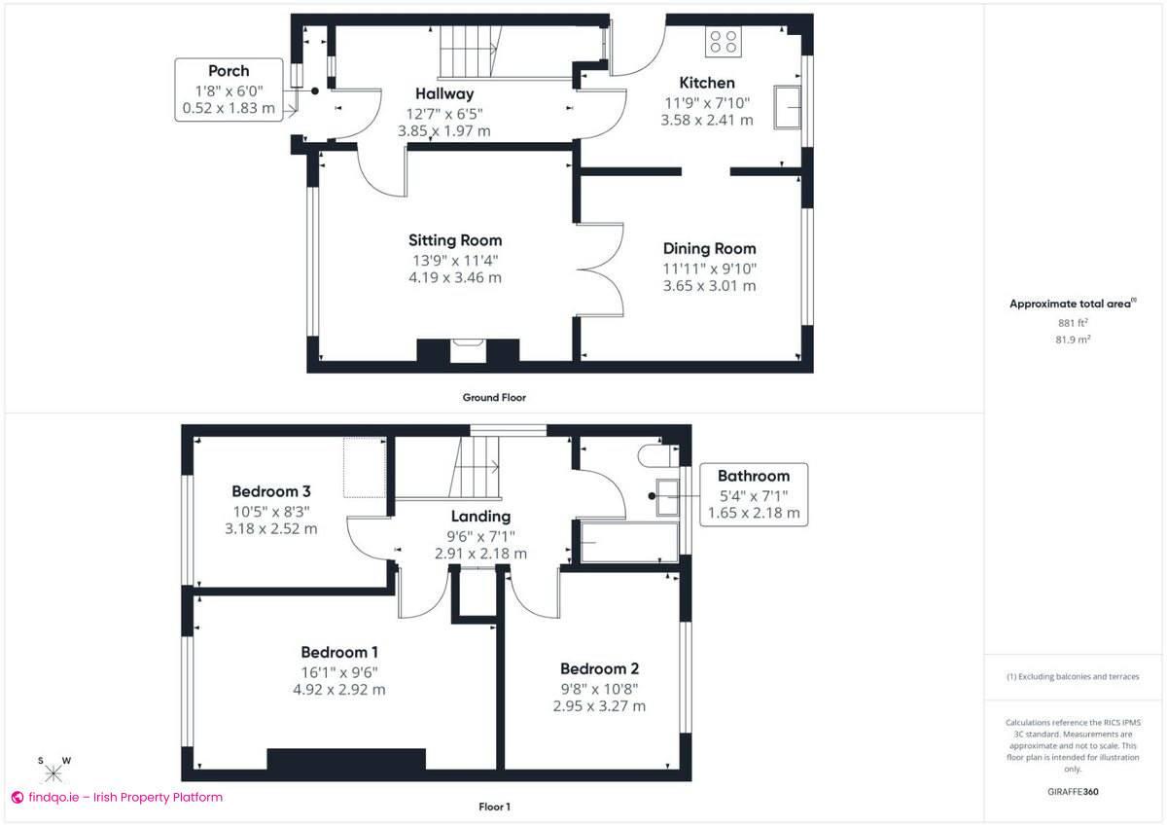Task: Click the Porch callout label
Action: [229, 90]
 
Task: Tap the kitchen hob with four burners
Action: [724, 41]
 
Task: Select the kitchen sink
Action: [788, 106]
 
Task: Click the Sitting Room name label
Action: [455, 240]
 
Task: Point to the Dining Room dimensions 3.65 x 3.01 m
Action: [709, 286]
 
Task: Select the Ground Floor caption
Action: [494, 397]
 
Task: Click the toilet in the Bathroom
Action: [654, 456]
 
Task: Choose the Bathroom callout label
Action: [754, 494]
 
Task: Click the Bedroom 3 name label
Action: [271, 491]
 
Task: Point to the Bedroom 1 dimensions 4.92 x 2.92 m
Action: [339, 690]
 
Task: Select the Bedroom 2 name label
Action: [599, 669]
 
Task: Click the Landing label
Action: [480, 517]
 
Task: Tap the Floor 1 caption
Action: [494, 807]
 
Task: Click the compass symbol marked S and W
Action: [53, 772]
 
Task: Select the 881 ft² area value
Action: [1073, 322]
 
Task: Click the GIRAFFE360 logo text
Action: [1073, 792]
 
